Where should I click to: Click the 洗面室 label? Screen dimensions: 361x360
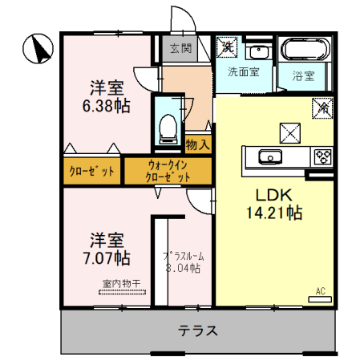click(243, 72)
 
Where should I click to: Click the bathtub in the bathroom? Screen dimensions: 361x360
click(302, 52)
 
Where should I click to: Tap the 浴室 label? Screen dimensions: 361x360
click(303, 77)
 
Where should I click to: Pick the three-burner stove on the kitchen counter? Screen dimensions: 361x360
click(323, 156)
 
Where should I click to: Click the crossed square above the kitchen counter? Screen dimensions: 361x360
click(289, 132)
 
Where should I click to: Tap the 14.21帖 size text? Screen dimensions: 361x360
click(273, 213)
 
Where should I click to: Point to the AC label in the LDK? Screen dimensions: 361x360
click(320, 291)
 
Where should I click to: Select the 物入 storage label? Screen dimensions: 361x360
click(197, 145)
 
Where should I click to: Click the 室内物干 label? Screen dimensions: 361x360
click(121, 284)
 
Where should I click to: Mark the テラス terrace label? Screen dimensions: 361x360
click(198, 331)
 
